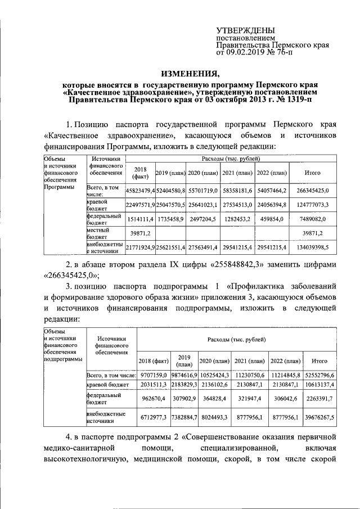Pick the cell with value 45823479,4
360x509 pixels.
click(x=139, y=191)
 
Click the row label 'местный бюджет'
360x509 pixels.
click(x=100, y=233)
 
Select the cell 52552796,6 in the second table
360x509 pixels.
click(x=319, y=374)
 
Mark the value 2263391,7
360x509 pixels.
click(x=319, y=399)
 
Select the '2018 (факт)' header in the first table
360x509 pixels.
click(x=139, y=172)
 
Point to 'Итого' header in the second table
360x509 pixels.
click(x=319, y=360)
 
